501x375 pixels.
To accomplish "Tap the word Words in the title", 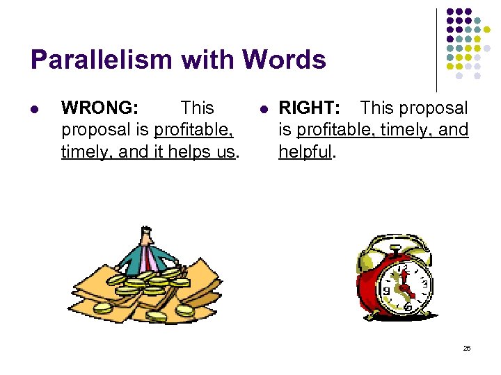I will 285,60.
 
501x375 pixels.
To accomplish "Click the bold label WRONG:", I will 100,108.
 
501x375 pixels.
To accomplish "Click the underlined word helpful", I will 305,151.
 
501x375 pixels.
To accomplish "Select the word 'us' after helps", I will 227,151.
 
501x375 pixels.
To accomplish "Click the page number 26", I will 467,348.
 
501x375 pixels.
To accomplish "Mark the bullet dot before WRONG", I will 36,109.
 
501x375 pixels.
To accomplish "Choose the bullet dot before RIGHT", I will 264,109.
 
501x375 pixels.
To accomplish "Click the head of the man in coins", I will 145,236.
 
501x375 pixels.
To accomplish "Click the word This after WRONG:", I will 197,108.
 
